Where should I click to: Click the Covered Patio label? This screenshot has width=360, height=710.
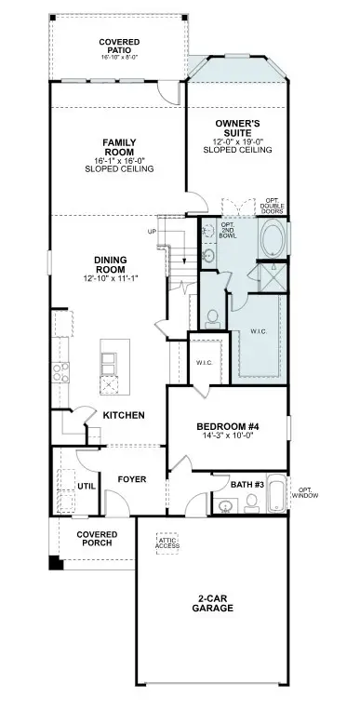pyautogui.click(x=119, y=47)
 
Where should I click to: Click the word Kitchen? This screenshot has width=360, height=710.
pyautogui.click(x=124, y=415)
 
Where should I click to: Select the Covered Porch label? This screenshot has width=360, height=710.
pyautogui.click(x=97, y=539)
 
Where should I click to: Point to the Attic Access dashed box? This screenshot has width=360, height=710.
pyautogui.click(x=167, y=544)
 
